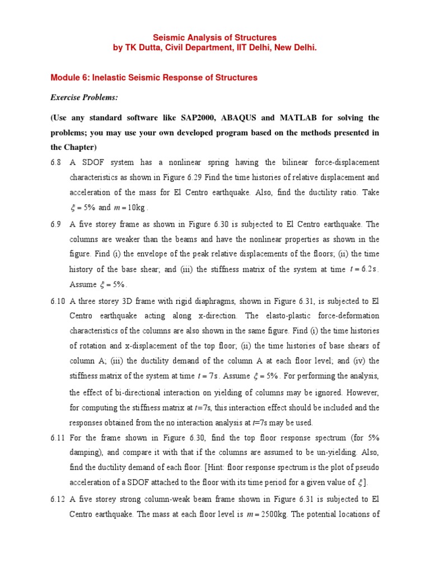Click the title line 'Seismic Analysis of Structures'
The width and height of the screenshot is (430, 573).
coord(215,37)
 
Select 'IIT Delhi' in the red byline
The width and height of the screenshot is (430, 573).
coord(256,48)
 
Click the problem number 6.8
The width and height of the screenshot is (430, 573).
coord(57,163)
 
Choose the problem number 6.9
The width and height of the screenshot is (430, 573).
coord(57,224)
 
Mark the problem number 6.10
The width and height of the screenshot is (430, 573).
coord(58,301)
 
